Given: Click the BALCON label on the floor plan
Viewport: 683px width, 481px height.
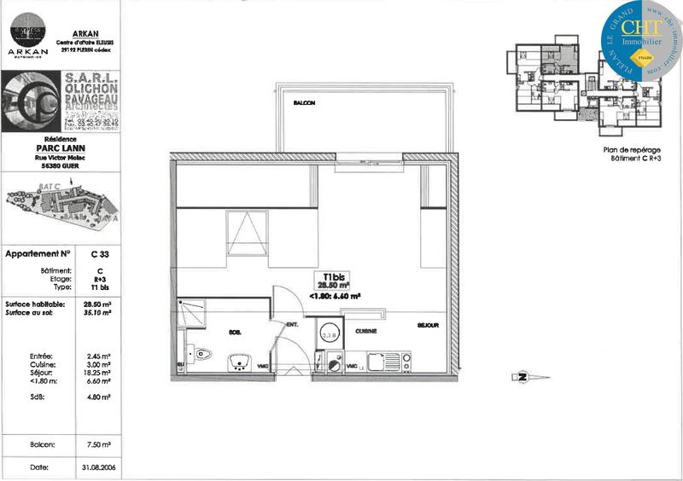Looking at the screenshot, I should pyautogui.click(x=304, y=102).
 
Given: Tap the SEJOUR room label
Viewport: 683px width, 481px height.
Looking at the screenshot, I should pyautogui.click(x=428, y=326).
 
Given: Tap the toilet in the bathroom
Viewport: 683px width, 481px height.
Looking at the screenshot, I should pyautogui.click(x=201, y=352).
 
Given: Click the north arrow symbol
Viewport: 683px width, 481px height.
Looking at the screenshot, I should pyautogui.click(x=519, y=376).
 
